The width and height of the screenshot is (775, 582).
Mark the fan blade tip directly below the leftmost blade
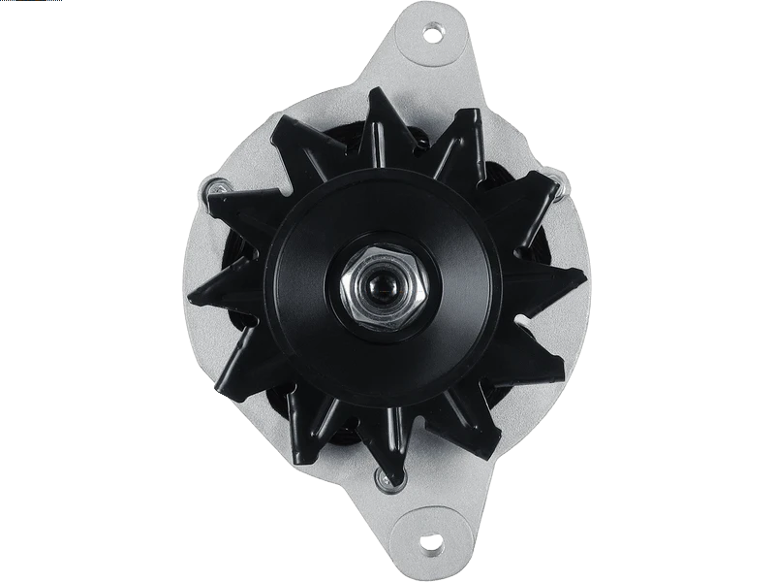218,373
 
